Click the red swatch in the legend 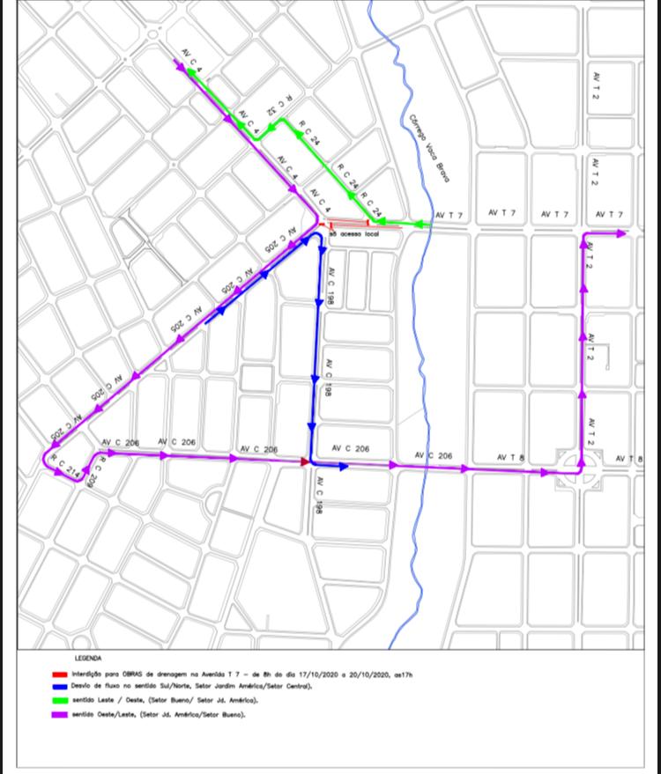click(x=60, y=674)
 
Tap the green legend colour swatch click(x=60, y=701)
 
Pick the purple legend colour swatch click(x=60, y=714)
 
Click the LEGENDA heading click(x=88, y=658)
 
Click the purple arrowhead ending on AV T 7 click(x=620, y=233)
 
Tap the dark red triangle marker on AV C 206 click(x=305, y=461)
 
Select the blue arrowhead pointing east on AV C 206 click(x=343, y=467)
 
